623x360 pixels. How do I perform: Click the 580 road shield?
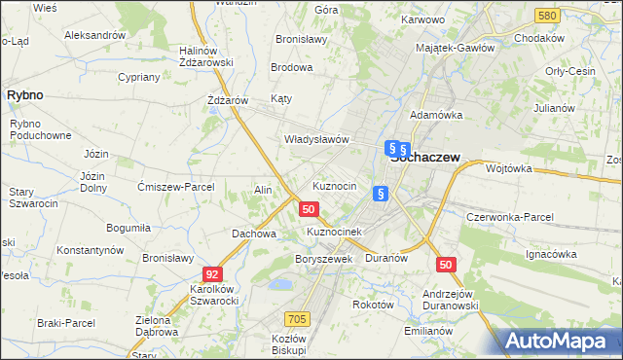[x=547, y=17]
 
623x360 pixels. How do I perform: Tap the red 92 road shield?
[x=213, y=275]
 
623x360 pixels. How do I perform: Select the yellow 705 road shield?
[x=298, y=319]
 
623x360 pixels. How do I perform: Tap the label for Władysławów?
[x=315, y=139]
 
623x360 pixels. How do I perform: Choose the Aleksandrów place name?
[x=95, y=34]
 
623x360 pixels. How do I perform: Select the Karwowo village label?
[x=421, y=18]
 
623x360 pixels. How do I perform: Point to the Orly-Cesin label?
[x=569, y=71]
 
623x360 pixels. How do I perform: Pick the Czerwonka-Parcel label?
[x=510, y=217]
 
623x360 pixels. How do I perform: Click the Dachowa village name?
[x=254, y=234]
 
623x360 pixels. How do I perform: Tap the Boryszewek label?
[x=323, y=260]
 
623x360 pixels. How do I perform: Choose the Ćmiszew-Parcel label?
[x=176, y=187]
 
